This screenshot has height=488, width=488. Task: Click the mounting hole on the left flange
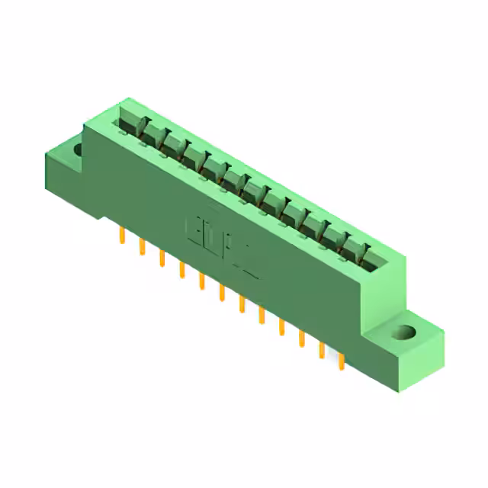79,149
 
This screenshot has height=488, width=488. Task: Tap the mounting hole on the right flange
404,333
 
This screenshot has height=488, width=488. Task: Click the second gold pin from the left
142,247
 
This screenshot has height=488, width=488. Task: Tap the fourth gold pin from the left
181,269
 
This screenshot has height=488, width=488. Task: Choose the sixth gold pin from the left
222,292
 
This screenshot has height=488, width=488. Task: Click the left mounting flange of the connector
69,164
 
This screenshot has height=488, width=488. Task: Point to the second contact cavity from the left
151,135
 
